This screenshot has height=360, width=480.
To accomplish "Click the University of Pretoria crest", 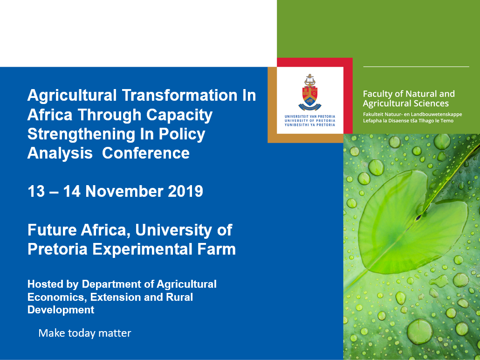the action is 310,92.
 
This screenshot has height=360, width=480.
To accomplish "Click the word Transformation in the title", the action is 180,95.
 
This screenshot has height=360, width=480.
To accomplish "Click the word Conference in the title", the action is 146,153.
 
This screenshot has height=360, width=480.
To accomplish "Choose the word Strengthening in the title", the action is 82,135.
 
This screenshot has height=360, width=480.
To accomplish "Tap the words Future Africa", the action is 78,230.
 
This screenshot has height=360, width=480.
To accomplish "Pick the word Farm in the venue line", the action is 216,249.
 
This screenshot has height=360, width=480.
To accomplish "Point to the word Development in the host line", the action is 61,310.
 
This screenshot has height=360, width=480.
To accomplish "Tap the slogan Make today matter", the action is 85,333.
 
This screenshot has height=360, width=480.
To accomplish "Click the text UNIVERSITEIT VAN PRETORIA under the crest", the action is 310,117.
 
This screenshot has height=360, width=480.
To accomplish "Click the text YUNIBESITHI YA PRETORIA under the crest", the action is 310,125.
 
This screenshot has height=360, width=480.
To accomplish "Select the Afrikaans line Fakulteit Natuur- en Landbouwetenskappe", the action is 412,115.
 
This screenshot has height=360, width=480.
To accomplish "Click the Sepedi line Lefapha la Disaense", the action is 408,121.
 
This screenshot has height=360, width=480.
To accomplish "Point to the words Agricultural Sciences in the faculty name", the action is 406,104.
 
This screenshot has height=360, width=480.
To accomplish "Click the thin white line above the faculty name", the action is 416,67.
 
